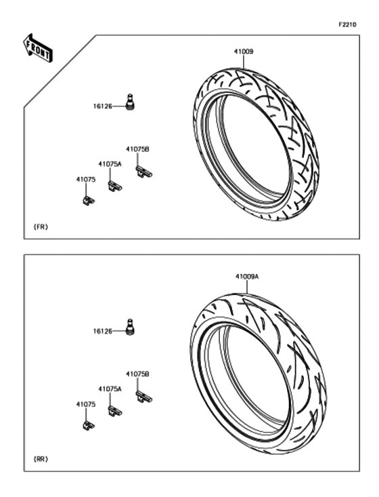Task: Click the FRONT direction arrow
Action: [38, 48]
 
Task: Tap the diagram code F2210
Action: [347, 24]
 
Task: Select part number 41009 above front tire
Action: [244, 52]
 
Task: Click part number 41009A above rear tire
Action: [247, 277]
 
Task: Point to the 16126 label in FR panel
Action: [102, 106]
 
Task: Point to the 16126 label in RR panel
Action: [102, 332]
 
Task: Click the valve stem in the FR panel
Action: [130, 102]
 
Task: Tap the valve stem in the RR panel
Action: [130, 327]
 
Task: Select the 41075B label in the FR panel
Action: [137, 149]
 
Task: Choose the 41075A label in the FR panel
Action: [110, 164]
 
